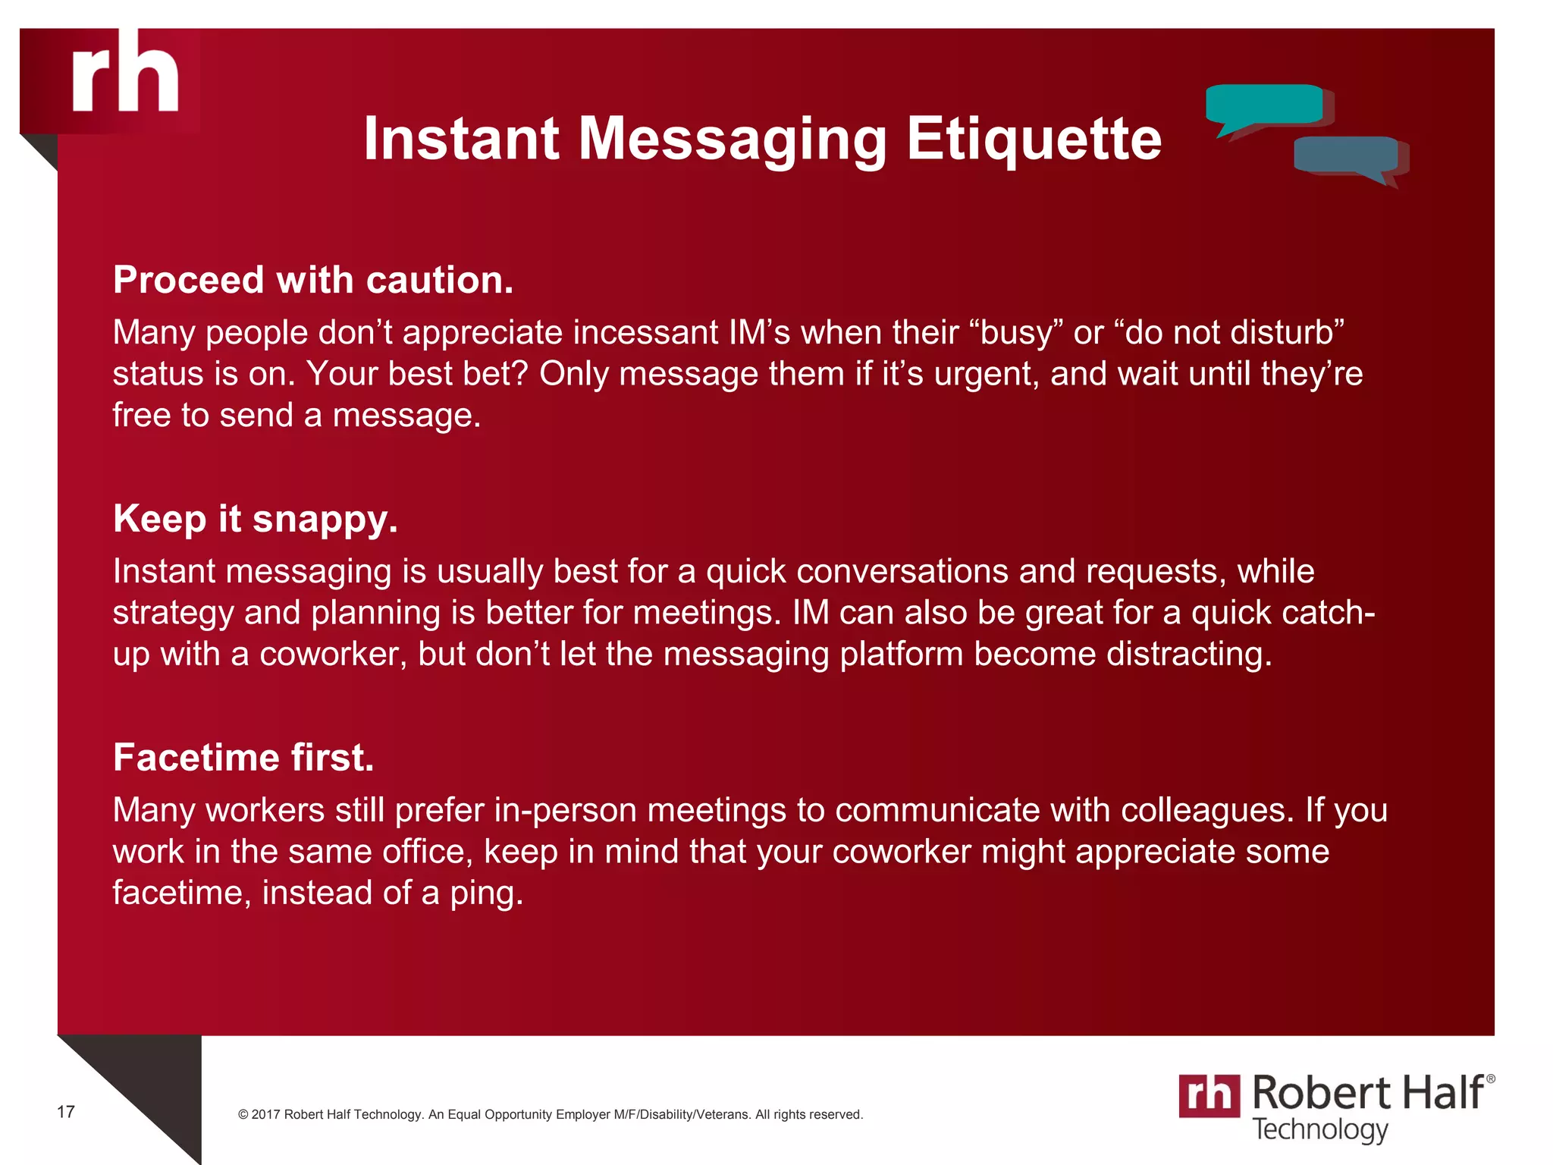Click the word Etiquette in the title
tap(1034, 140)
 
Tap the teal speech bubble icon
tap(1263, 106)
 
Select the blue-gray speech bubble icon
tap(1346, 156)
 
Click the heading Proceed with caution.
tap(313, 280)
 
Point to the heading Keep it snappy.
tap(256, 520)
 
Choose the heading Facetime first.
tap(243, 758)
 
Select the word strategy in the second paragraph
tap(173, 614)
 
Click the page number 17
tap(66, 1112)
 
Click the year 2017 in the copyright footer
tap(265, 1114)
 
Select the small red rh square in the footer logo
tap(1209, 1095)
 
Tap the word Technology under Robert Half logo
tap(1319, 1129)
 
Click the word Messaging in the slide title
tap(733, 140)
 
